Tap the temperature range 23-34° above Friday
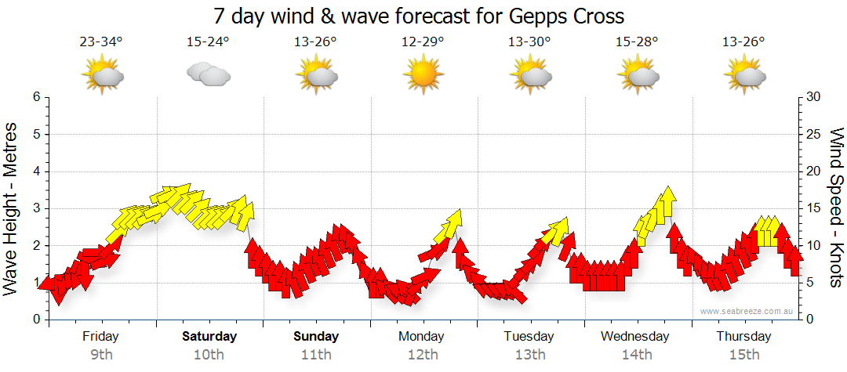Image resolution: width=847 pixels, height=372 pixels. pos(101,42)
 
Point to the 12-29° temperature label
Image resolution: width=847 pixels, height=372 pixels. pos(423,42)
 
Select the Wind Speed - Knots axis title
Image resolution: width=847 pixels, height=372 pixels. pos(836,208)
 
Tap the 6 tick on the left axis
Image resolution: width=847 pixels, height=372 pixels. pos(35,97)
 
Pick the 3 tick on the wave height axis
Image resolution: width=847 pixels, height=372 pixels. pos(35,208)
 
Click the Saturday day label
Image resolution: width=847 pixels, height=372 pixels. pos(209,337)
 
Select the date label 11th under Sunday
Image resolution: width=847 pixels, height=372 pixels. pos(316,354)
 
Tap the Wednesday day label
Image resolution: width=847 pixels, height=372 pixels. pos(635,337)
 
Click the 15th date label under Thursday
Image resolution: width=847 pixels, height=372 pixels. pos(743,354)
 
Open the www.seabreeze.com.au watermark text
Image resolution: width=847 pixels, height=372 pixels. pos(747,311)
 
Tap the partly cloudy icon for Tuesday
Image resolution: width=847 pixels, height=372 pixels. pos(530,75)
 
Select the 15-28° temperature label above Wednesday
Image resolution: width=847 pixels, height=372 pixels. pos(637,42)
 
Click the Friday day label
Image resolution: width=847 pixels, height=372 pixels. pos(101,337)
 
